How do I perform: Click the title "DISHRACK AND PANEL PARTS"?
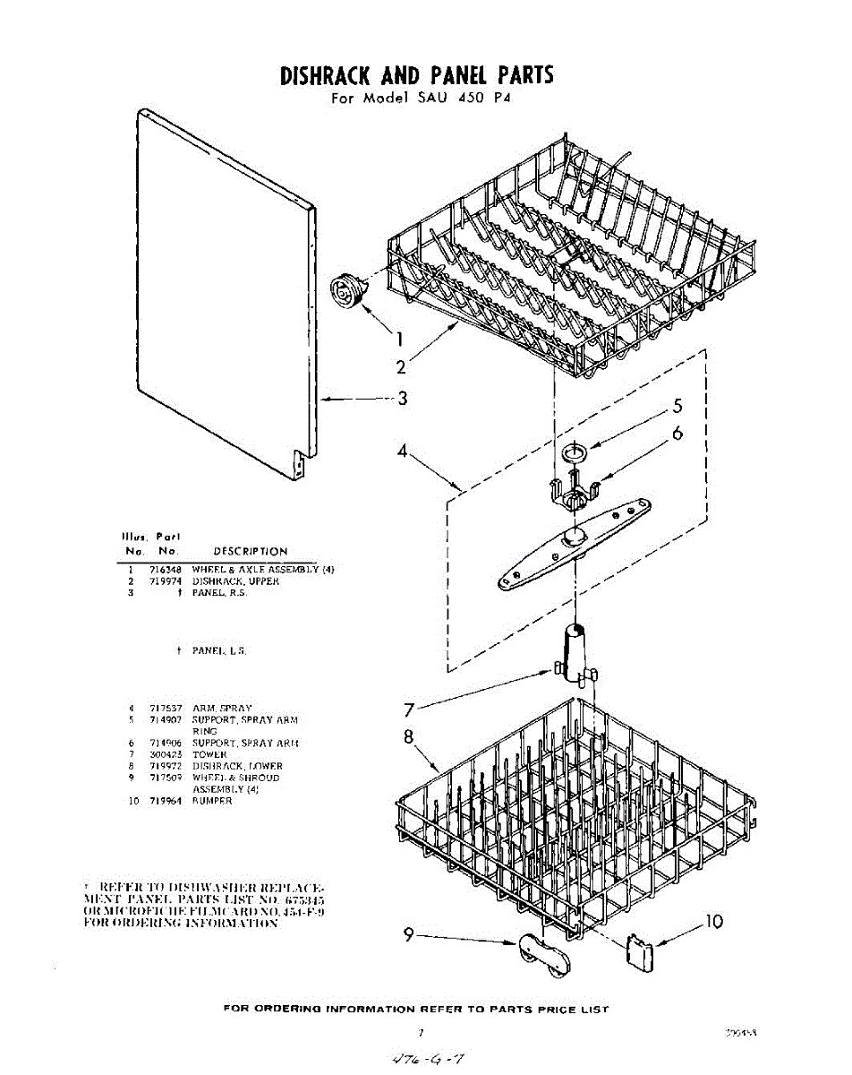[417, 75]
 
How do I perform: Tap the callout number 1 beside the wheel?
[399, 339]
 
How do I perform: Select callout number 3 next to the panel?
[403, 399]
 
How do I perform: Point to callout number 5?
[678, 405]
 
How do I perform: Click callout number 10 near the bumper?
[714, 921]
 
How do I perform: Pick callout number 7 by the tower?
[408, 710]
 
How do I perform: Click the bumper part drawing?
[641, 950]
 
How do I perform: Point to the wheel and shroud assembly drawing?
[542, 957]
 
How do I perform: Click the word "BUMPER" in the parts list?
[212, 801]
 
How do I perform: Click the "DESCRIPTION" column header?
[250, 551]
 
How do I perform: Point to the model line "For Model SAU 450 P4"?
[419, 99]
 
